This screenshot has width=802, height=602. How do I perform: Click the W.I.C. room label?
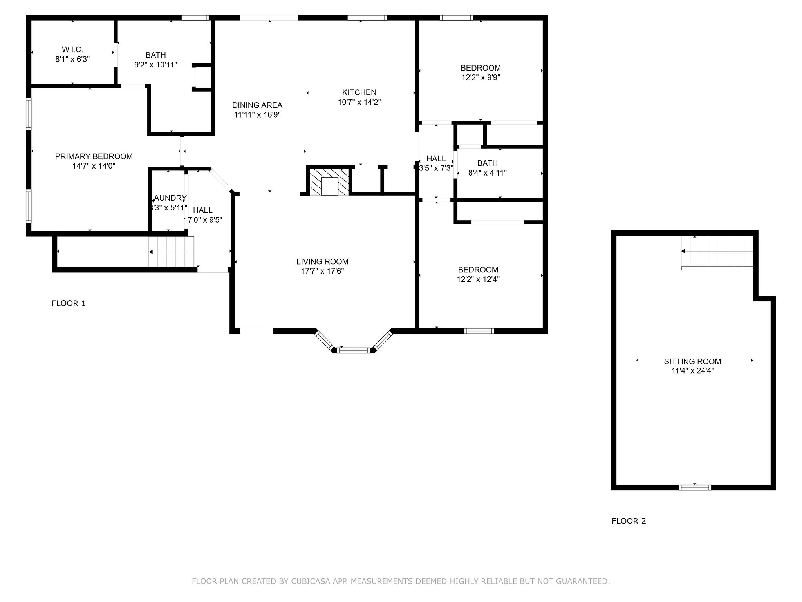coord(72,50)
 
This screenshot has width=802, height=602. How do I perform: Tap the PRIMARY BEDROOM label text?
coord(94,156)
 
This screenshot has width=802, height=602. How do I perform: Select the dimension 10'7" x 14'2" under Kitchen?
coord(359,102)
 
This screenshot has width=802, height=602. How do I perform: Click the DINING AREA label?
coord(257,105)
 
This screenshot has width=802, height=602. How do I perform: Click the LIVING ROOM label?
coord(322,261)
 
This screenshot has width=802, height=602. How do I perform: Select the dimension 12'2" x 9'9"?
coord(480,78)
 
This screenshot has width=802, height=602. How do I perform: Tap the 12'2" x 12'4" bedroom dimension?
coord(478,279)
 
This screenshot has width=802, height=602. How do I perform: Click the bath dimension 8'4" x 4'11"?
coord(487,173)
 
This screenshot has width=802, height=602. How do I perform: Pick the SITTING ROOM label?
coord(692,361)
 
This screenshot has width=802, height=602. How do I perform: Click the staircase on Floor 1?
coord(172,252)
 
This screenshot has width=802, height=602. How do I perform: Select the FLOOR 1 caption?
coord(69,303)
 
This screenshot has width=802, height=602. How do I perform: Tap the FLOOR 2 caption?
coord(629,521)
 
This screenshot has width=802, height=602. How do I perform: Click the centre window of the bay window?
coord(354,350)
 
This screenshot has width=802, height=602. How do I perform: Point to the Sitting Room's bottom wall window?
coord(695,488)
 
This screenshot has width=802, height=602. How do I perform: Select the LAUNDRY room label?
coord(170,198)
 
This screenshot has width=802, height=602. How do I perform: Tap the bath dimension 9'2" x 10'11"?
coord(155,65)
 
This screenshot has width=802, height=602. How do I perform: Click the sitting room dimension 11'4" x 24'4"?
coord(692,371)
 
